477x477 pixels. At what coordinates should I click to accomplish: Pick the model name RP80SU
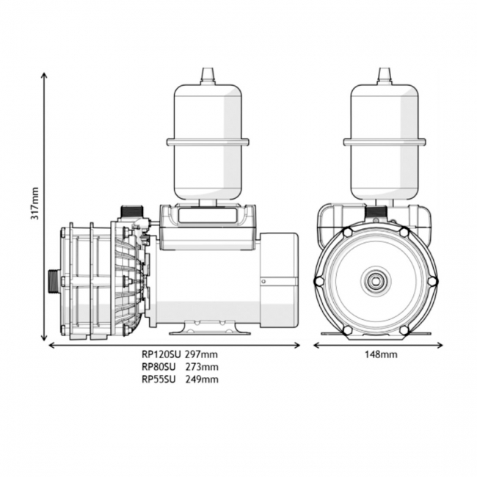click(158, 367)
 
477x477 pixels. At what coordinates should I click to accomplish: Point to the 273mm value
click(202, 367)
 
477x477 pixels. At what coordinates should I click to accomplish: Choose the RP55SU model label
click(158, 379)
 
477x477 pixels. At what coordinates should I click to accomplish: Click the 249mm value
click(202, 379)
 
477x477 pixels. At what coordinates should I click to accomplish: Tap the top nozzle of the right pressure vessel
click(384, 76)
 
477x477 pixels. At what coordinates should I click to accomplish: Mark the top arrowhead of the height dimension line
click(45, 74)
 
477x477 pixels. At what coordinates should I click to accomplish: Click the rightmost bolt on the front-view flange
click(432, 281)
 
